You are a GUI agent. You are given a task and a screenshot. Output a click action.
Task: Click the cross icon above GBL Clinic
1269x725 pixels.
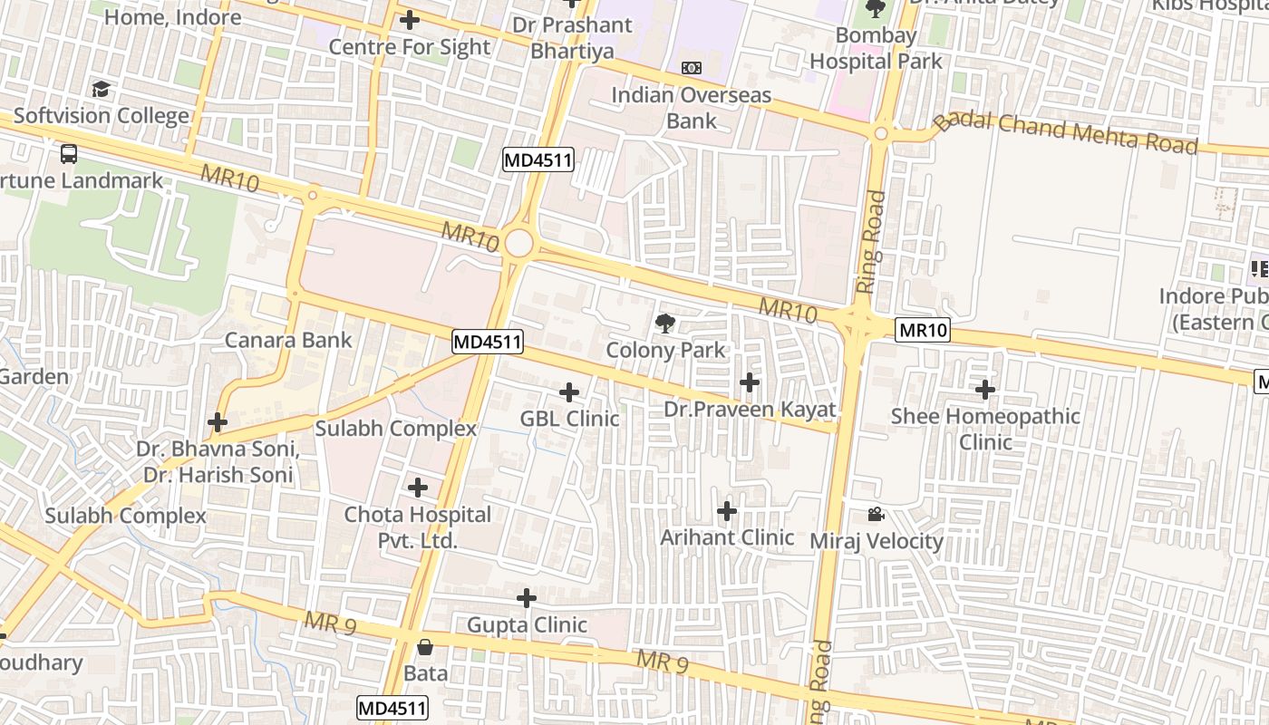pyautogui.click(x=569, y=392)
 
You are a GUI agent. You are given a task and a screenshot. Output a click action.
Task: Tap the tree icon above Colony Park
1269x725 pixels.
pyautogui.click(x=665, y=323)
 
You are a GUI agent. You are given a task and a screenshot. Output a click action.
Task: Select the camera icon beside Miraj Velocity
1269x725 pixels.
pyautogui.click(x=876, y=515)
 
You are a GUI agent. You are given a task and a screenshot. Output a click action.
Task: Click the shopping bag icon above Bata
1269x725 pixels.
pyautogui.click(x=424, y=647)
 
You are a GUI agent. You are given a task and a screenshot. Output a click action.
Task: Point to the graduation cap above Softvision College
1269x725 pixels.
pyautogui.click(x=101, y=89)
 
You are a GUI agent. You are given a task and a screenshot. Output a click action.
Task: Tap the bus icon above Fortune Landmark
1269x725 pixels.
pyautogui.click(x=69, y=153)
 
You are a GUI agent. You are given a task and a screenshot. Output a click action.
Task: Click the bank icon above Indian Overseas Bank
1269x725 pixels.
pyautogui.click(x=691, y=68)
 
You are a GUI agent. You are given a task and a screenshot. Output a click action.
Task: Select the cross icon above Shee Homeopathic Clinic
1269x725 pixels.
pyautogui.click(x=985, y=391)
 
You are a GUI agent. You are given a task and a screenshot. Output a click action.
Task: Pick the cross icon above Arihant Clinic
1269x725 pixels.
pyautogui.click(x=727, y=512)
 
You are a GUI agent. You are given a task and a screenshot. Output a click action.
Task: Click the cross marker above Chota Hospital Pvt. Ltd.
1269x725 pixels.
pyautogui.click(x=418, y=488)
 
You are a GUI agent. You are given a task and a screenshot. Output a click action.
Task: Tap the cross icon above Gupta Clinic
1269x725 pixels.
pyautogui.click(x=527, y=599)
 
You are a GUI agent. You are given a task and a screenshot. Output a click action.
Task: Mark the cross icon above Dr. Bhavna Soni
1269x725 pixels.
pyautogui.click(x=218, y=422)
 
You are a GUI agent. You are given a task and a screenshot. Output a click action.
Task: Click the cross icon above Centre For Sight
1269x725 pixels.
pyautogui.click(x=410, y=19)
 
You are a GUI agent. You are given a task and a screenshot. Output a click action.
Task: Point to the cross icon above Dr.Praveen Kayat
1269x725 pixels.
pyautogui.click(x=750, y=382)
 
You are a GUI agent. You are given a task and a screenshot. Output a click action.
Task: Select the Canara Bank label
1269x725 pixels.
pyautogui.click(x=288, y=341)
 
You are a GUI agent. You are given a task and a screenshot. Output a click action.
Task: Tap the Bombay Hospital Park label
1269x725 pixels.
pyautogui.click(x=876, y=49)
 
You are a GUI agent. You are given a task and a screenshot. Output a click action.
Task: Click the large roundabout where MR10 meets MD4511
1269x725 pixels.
pyautogui.click(x=518, y=243)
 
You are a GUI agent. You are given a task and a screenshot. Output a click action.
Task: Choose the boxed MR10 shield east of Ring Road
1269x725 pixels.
pyautogui.click(x=923, y=330)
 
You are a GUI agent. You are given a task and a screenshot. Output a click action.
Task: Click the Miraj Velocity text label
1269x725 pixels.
pyautogui.click(x=877, y=542)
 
